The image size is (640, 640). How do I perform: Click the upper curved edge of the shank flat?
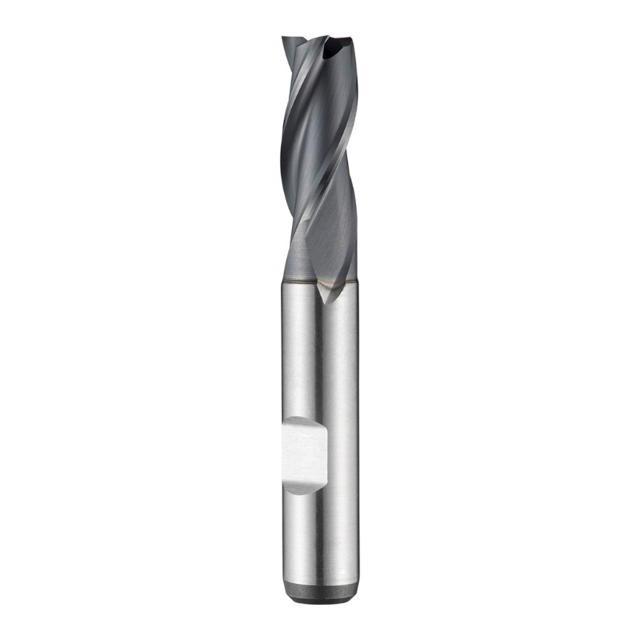pos(304,418)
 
